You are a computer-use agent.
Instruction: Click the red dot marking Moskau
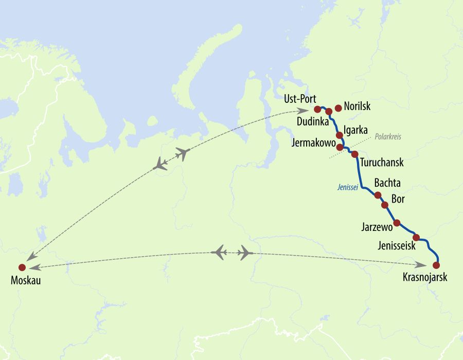(22, 267)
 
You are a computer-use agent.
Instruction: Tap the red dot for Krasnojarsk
(436, 265)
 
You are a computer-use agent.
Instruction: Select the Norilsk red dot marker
(338, 108)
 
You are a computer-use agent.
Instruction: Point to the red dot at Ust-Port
(317, 109)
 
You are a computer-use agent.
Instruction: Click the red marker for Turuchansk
(354, 154)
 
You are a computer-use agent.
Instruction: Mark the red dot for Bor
(384, 205)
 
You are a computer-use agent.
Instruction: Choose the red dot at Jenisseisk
(416, 237)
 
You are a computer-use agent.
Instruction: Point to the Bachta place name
(387, 183)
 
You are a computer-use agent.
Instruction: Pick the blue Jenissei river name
(347, 187)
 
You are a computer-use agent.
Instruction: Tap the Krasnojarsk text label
(425, 278)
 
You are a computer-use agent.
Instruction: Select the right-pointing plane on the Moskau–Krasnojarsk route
(245, 253)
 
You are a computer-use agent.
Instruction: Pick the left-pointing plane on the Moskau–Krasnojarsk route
(220, 253)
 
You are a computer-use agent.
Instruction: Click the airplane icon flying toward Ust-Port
(183, 153)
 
